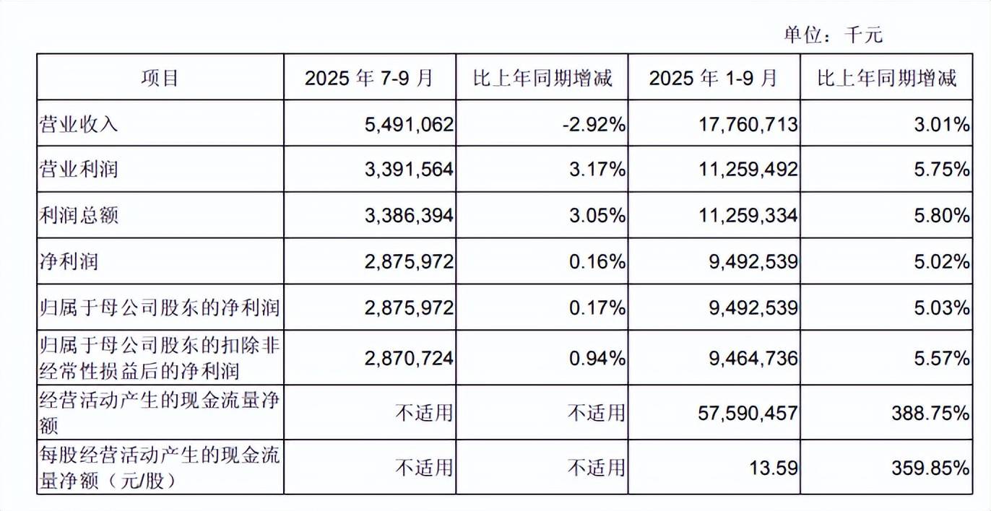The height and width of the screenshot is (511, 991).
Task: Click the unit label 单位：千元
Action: pos(834,35)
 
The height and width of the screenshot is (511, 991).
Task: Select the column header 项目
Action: pos(160,77)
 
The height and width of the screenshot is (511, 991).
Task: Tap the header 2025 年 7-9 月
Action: pos(369,77)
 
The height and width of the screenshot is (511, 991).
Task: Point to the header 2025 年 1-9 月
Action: pos(714,77)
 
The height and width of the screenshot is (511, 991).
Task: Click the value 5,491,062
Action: pos(410,125)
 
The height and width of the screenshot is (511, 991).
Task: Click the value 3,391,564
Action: pos(410,170)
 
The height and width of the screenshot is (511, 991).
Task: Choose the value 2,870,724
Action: pos(410,357)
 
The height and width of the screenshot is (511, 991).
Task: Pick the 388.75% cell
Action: pos(932,413)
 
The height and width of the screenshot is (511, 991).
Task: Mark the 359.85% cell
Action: pos(932,468)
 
